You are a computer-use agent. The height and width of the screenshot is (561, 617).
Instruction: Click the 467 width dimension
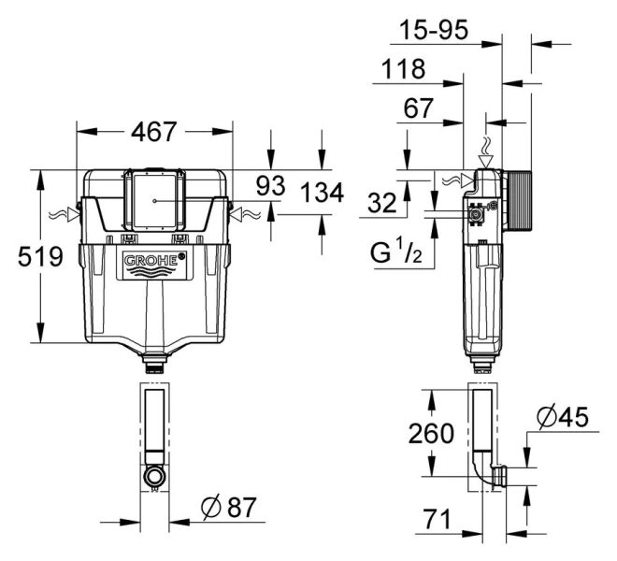pos(154,132)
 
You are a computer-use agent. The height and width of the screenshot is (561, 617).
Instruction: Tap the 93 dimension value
pos(270,186)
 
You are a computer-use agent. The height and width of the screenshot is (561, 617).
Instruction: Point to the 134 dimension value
pos(323,194)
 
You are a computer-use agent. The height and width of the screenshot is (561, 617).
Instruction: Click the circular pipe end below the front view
pos(154,476)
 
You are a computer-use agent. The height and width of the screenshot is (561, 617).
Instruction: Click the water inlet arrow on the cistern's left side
pos(68,214)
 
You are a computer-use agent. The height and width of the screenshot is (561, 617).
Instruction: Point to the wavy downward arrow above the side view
pos(485,148)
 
